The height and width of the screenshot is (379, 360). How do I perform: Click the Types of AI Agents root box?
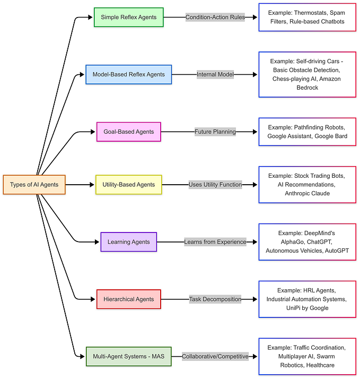pos(34,185)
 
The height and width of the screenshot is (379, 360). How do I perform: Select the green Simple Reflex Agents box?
pos(128,17)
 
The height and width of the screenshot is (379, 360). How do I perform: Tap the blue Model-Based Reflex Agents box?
pos(129,74)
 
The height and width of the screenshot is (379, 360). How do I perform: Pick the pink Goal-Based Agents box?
pos(128,132)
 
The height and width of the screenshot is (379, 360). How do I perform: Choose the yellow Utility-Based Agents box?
pos(128,185)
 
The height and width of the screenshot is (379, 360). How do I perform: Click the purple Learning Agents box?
pos(128,242)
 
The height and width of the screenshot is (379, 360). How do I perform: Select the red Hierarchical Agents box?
pos(128,299)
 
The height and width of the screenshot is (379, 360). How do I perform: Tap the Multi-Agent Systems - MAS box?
pos(128,356)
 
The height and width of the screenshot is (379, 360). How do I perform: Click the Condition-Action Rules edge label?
pos(215,17)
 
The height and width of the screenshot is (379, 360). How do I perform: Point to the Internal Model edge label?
pos(215,74)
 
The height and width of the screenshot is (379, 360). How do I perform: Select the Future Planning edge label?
pos(215,132)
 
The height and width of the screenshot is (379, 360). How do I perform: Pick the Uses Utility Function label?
pos(215,185)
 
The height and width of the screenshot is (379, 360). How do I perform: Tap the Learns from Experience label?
pos(215,242)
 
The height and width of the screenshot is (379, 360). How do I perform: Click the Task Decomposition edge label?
pos(215,299)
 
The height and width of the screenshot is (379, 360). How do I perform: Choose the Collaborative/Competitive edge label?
pos(215,356)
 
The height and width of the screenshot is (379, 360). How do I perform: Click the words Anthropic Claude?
pos(306,194)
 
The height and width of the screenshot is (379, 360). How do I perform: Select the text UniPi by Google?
pos(306,308)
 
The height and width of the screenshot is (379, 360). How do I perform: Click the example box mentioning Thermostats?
pos(306,17)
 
